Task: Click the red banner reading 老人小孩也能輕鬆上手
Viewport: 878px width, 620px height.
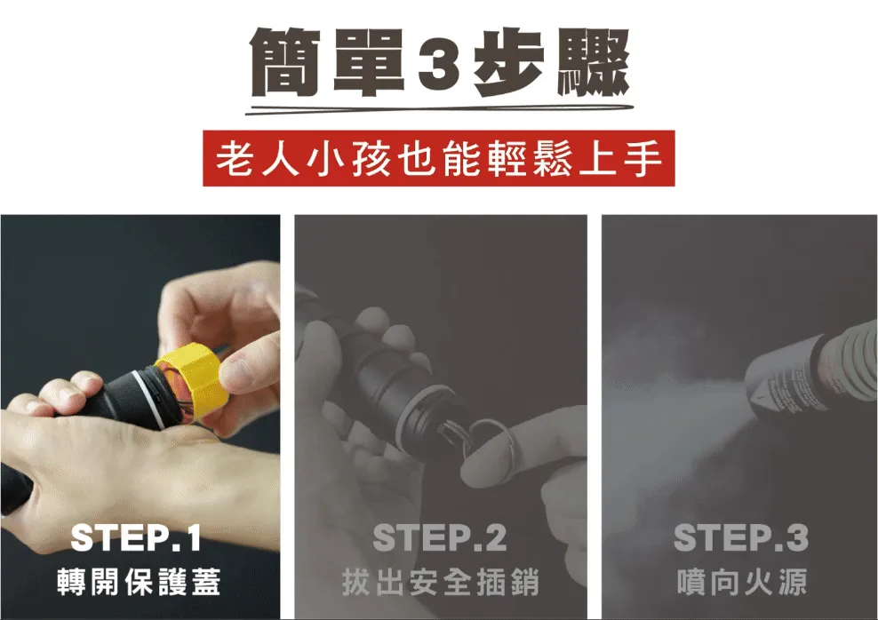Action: coord(439,160)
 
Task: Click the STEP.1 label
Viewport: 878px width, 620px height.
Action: coord(136,538)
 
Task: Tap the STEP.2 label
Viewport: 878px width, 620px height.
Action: coord(440,538)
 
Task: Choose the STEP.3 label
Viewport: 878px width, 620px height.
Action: coord(741,538)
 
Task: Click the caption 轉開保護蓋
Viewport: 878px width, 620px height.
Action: coord(137,582)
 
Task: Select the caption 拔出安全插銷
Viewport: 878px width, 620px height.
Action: coord(440,582)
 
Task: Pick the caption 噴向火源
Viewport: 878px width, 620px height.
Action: coord(741,582)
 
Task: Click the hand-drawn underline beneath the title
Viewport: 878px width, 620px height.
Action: coord(439,108)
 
